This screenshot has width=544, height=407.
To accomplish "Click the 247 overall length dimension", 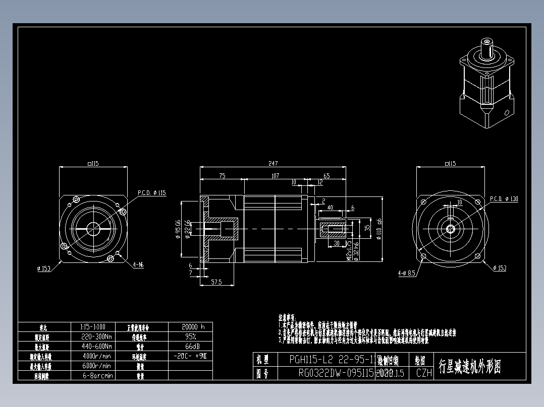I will (x=273, y=164).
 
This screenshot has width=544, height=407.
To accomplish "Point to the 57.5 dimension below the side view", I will (x=216, y=283).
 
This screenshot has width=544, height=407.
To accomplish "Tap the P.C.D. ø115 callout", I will (x=151, y=192).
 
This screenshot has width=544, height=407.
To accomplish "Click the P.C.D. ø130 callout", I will (x=504, y=199).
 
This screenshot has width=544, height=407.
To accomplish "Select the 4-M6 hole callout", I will (x=138, y=264).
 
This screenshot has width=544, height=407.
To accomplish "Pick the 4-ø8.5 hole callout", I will (x=406, y=273).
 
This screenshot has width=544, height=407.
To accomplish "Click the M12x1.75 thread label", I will (x=348, y=249).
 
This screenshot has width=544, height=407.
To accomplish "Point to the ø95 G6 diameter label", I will (x=178, y=230).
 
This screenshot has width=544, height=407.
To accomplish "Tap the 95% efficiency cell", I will (x=190, y=336).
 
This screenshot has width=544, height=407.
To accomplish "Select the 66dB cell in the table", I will (x=190, y=346).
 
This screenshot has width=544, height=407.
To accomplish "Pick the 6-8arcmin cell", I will (x=97, y=375).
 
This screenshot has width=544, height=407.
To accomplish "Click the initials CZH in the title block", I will (x=423, y=373).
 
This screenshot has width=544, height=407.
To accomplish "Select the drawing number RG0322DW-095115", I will (x=336, y=373).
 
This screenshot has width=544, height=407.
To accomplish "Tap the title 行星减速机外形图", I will (x=469, y=367).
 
